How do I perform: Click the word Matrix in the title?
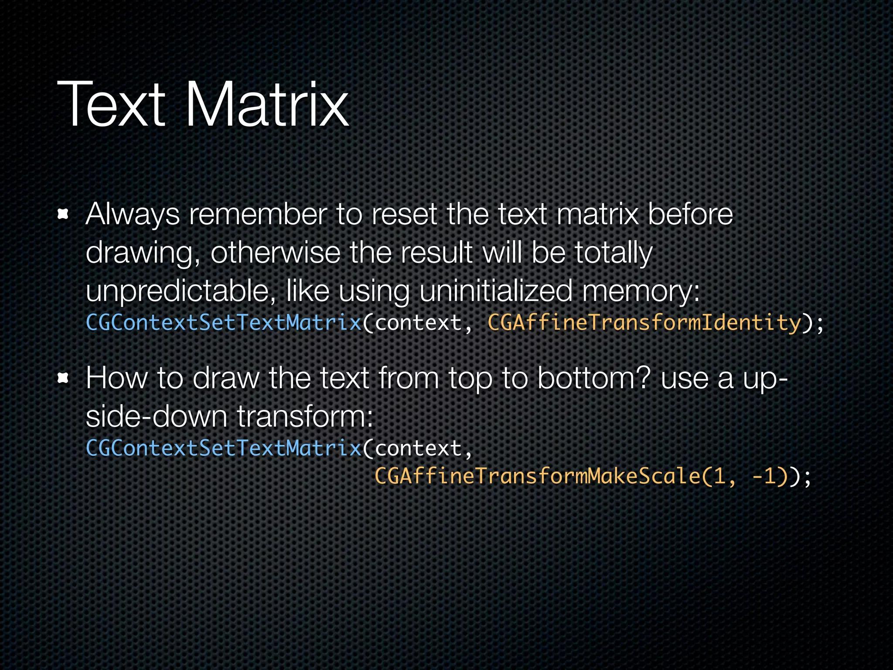pyautogui.click(x=267, y=105)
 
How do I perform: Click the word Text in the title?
pyautogui.click(x=111, y=105)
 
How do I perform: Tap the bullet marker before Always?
pyautogui.click(x=64, y=214)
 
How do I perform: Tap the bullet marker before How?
pyautogui.click(x=64, y=378)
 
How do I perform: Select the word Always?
pyautogui.click(x=132, y=215)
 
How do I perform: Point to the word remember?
pyautogui.click(x=258, y=215)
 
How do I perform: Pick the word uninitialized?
pyautogui.click(x=496, y=291)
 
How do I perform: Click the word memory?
pyautogui.click(x=640, y=291)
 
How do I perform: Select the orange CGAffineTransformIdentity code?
pyautogui.click(x=644, y=323)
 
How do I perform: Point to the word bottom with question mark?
pyautogui.click(x=594, y=378)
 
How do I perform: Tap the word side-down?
pyautogui.click(x=157, y=416)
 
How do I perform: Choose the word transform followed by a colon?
pyautogui.click(x=304, y=416)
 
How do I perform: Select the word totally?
pyautogui.click(x=613, y=253)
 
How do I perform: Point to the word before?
pyautogui.click(x=690, y=215)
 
